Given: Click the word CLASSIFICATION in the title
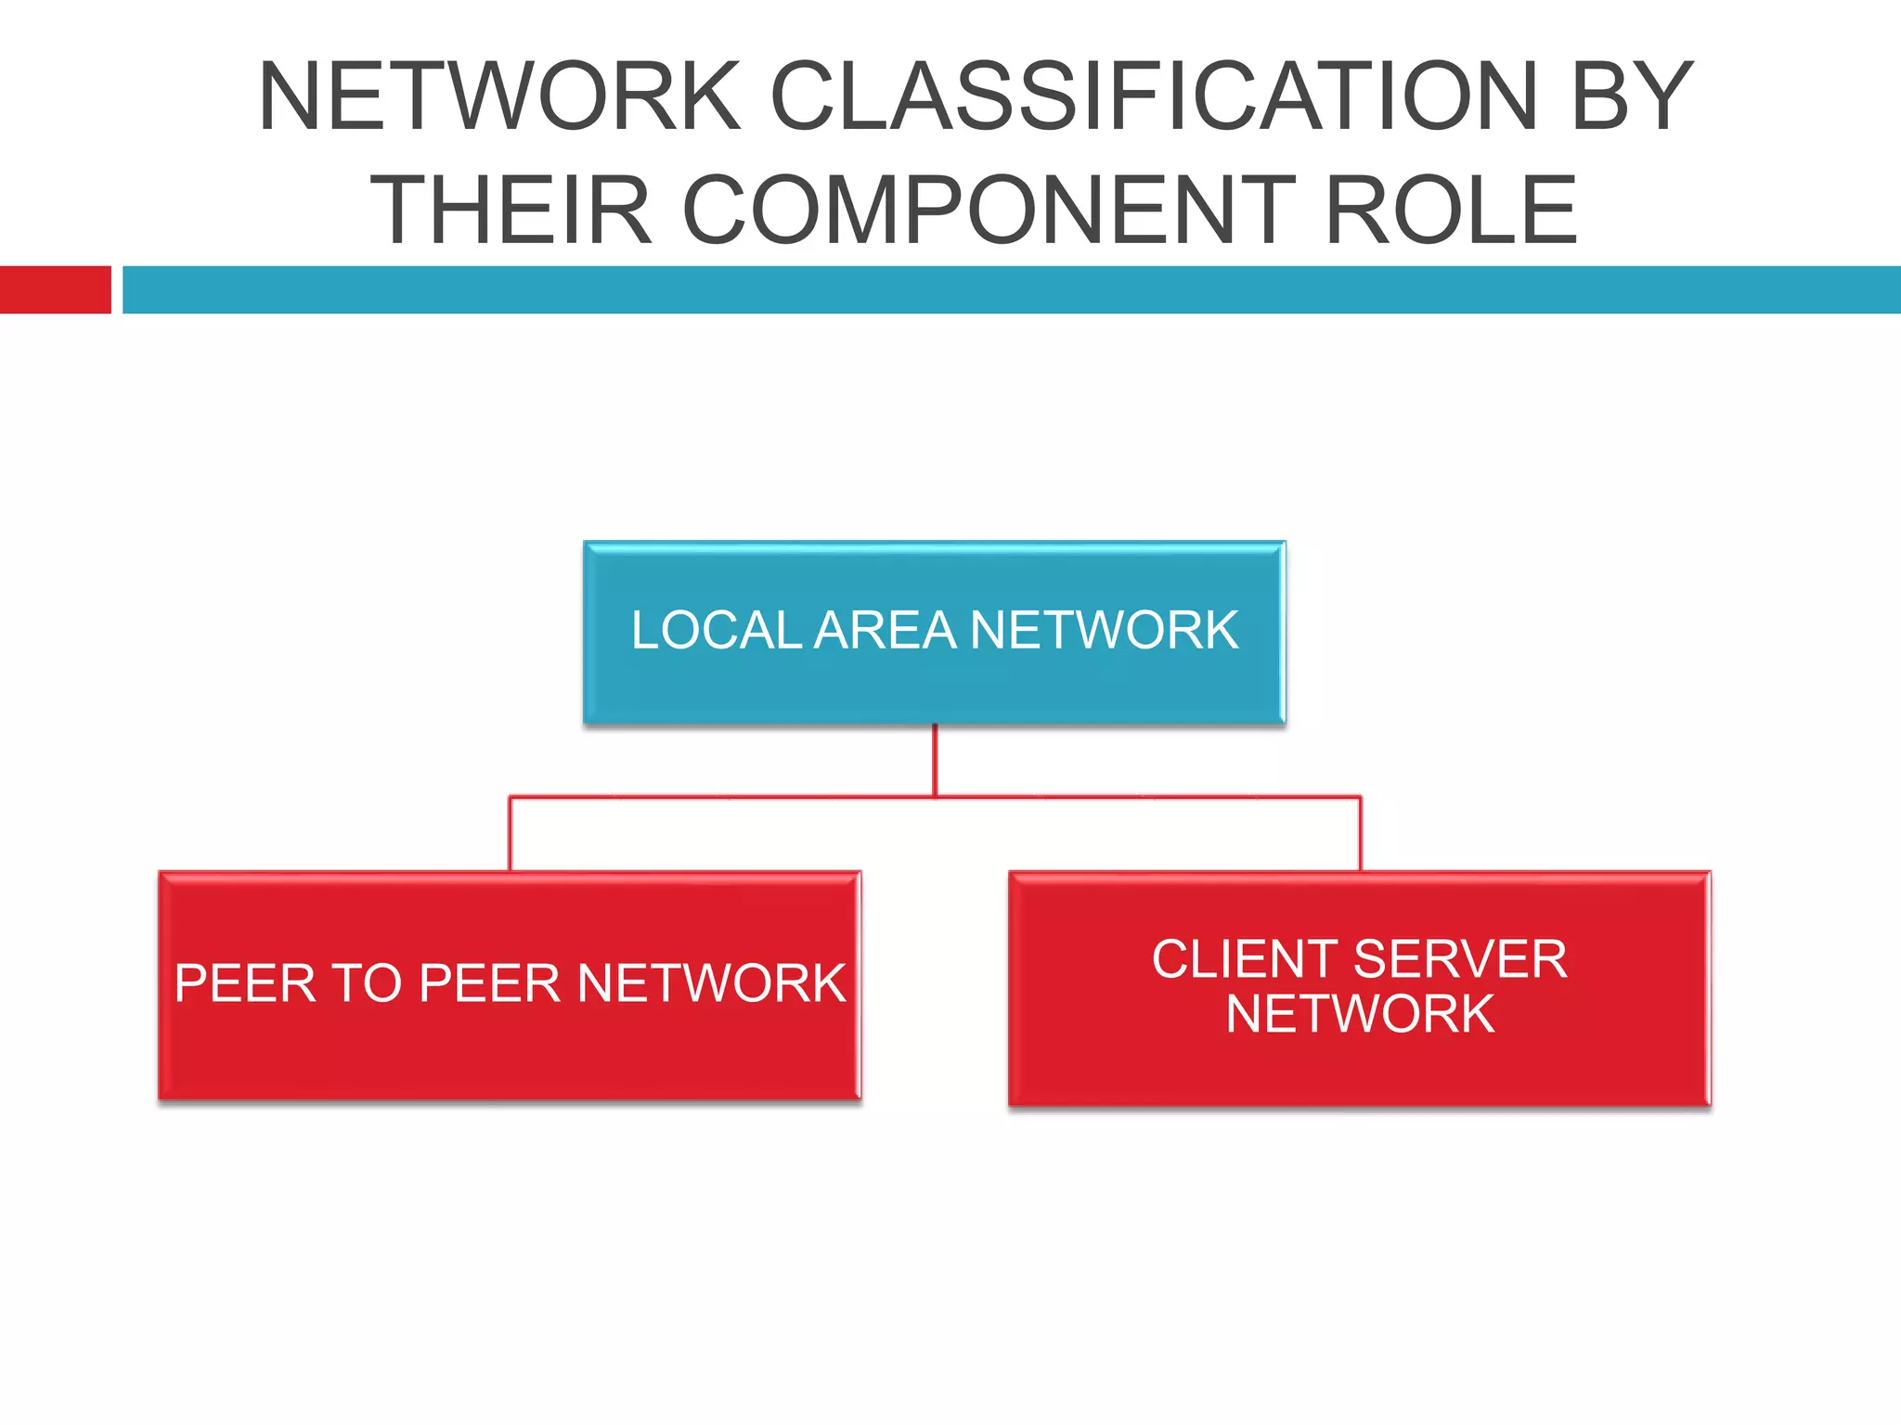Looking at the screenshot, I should [1155, 96].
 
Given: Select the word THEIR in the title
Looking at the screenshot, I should [511, 211].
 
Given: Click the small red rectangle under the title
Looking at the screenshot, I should [55, 289].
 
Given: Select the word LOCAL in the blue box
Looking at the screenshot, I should [717, 631].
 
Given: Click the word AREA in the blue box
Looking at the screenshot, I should [885, 631].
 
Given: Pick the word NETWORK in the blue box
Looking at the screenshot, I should [1104, 631].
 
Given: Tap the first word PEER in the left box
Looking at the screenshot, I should [245, 983].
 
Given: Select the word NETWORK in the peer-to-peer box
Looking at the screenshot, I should [711, 983].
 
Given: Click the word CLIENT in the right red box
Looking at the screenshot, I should [1245, 959].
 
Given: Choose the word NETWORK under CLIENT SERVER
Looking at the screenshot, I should [1360, 1014].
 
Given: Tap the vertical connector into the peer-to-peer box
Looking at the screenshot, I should [510, 833].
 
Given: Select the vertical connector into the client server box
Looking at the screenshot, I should [1361, 833].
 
